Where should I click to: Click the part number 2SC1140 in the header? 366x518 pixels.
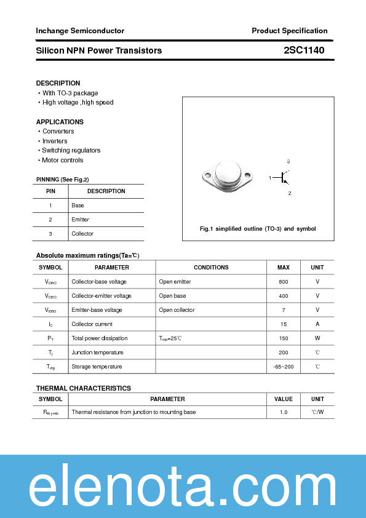[304, 50]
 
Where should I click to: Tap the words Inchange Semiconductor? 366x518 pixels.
[80, 31]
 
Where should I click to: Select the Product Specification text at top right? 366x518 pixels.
[289, 31]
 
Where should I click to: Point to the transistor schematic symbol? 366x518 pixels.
[284, 178]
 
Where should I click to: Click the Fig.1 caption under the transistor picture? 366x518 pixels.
[258, 229]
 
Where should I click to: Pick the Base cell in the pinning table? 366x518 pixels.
[78, 205]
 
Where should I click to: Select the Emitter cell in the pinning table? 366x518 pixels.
[81, 220]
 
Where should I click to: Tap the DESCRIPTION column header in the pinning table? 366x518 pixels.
[106, 191]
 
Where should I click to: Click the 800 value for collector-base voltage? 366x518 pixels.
[283, 282]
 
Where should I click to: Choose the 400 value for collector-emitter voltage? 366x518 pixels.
[283, 296]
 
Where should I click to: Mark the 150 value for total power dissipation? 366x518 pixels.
[283, 338]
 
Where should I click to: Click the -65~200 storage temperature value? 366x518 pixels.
[283, 367]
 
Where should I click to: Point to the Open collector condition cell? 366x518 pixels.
[177, 310]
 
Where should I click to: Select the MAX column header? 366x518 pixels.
[283, 268]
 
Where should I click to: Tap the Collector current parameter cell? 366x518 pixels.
[92, 324]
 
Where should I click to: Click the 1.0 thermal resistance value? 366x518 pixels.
[283, 412]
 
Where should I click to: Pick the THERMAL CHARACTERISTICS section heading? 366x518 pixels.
[84, 389]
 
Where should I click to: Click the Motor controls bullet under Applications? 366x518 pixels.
[62, 161]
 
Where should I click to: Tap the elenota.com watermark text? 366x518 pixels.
[183, 487]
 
